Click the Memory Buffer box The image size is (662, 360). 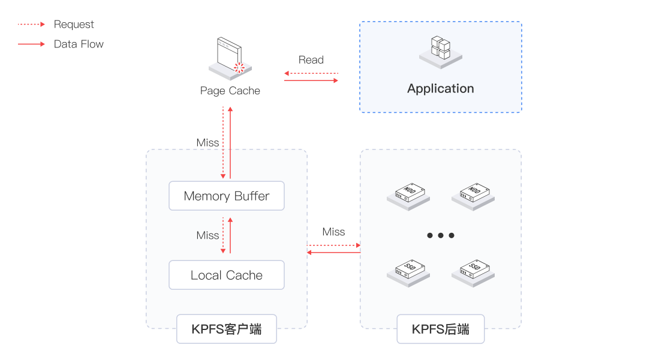click(x=227, y=196)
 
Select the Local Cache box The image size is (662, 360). click(x=227, y=275)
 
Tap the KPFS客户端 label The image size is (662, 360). click(x=227, y=329)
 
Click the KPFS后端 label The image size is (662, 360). click(x=441, y=329)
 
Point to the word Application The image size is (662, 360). click(x=441, y=89)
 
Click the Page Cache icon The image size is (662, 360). click(x=230, y=60)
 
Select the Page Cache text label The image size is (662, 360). click(x=230, y=91)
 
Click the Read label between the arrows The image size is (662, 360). click(x=311, y=60)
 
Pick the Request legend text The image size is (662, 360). click(x=74, y=25)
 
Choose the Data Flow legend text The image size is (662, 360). click(x=79, y=44)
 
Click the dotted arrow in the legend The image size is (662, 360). click(x=31, y=25)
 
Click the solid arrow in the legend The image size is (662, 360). click(x=31, y=44)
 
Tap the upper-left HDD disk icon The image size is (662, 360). click(x=408, y=195)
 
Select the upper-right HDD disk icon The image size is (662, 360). click(x=473, y=195)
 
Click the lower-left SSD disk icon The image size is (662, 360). click(x=408, y=271)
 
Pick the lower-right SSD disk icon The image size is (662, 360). click(x=473, y=271)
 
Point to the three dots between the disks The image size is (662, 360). click(x=441, y=235)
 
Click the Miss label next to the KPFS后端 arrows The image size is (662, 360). click(x=333, y=232)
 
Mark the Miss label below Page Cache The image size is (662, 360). click(x=207, y=143)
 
